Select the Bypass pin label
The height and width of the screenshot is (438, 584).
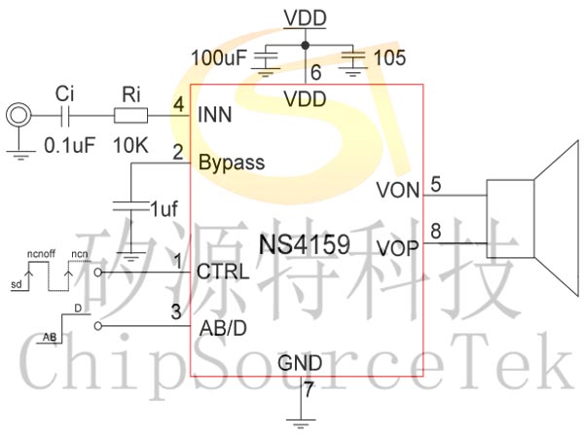click(232, 162)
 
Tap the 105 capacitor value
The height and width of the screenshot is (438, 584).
click(388, 57)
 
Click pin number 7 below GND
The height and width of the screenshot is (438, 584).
click(309, 392)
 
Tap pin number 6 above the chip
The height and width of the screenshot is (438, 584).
click(313, 71)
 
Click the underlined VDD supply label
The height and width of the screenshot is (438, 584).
click(306, 18)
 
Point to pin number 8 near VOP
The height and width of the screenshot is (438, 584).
click(435, 231)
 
